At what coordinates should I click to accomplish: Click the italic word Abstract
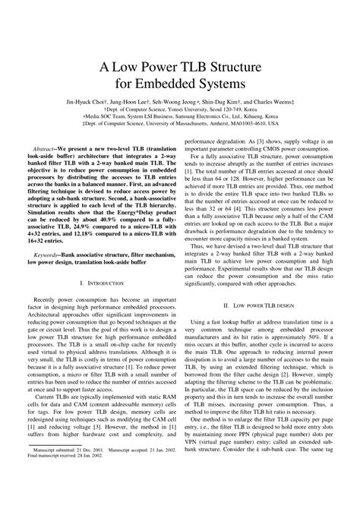(46, 143)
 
